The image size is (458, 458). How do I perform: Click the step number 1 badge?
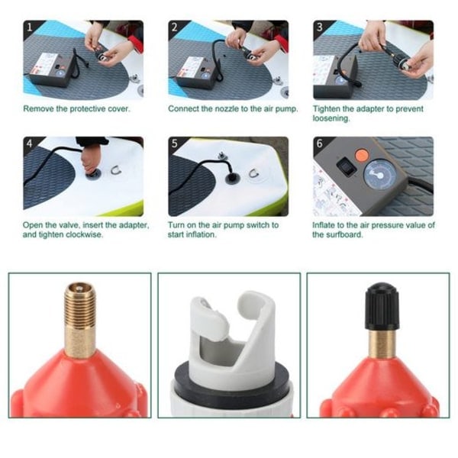(30, 27)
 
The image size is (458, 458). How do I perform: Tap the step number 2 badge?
(174, 27)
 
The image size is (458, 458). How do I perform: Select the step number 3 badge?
(320, 27)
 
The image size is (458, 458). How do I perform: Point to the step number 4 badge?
(30, 144)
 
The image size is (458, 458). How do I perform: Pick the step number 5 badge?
(174, 144)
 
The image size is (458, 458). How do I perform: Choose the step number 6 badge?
(320, 144)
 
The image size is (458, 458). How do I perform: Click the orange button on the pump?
(362, 155)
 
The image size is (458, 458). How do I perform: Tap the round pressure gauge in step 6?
(379, 174)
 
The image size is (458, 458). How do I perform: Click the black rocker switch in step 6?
(346, 166)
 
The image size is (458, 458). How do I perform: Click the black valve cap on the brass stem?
(382, 306)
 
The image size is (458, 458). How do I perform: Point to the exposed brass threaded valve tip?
(79, 320)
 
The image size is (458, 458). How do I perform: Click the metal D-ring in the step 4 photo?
(116, 169)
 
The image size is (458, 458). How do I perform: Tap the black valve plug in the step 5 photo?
(232, 178)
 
